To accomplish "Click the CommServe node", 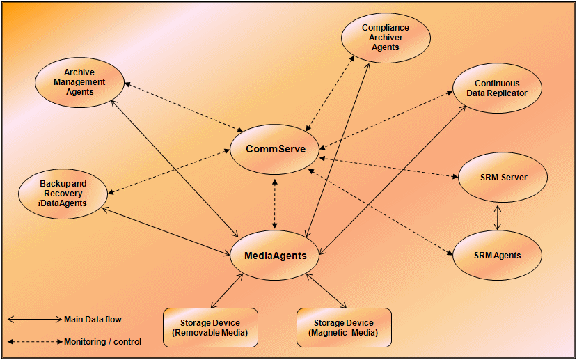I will pos(275,149).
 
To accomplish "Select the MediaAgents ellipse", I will pos(275,256).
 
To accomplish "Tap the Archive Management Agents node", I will pos(79,82).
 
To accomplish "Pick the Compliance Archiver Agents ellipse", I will pos(385,38).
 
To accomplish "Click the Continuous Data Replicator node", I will pos(496,88).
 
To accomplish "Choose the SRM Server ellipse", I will pos(503,178).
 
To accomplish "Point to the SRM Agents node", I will pos(497,255).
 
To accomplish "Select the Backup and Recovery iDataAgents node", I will pos(63,193).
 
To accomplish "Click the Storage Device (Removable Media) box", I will pos(210,327).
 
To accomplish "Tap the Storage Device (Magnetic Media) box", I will pos(344,327).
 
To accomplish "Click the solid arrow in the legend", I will pos(34,320).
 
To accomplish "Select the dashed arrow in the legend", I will pos(34,342).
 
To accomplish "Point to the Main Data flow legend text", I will pos(93,320).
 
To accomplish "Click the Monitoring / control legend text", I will pos(102,342).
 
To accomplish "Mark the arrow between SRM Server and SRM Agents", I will pos(497,217).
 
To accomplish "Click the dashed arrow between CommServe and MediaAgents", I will pos(276,203).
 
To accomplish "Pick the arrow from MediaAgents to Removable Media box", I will pos(227,290).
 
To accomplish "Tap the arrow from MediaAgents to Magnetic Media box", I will pos(326,290).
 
